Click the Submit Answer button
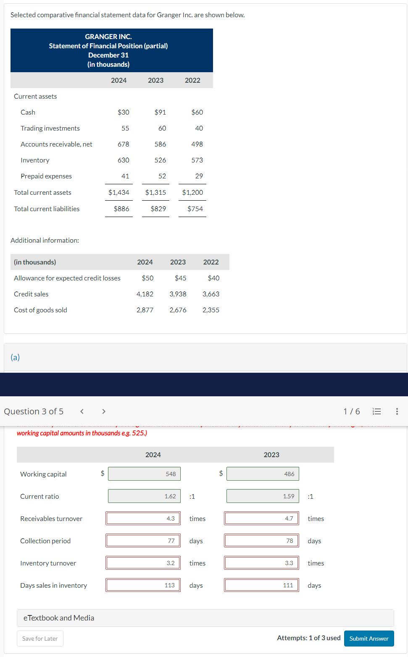tap(369, 639)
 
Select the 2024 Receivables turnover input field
tap(143, 518)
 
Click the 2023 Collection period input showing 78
tap(262, 541)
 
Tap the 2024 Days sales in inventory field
tap(143, 585)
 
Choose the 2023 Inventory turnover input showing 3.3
tap(262, 563)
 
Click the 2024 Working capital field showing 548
tap(145, 474)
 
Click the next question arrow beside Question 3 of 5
tap(104, 411)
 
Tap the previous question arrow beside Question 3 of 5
tap(82, 411)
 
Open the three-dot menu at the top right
tap(397, 411)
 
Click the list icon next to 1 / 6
tap(377, 411)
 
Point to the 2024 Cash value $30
tap(124, 112)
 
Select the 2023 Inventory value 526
tap(160, 160)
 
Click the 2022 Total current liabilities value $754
tap(195, 209)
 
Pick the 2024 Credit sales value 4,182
tap(145, 294)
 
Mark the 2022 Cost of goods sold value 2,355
tap(211, 310)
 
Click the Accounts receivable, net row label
tap(56, 144)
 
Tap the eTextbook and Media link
tap(59, 618)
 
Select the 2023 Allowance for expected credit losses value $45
tap(181, 278)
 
